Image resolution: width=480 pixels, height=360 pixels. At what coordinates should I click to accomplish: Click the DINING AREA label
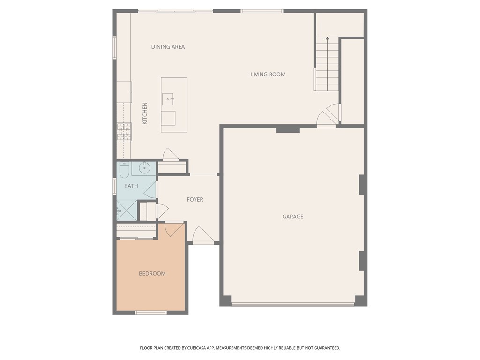(x=168, y=47)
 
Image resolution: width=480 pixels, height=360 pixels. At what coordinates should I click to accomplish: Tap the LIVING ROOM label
(x=268, y=75)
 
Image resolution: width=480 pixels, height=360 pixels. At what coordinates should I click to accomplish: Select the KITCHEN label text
(x=145, y=113)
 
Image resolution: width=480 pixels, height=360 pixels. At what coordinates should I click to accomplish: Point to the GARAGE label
(x=293, y=217)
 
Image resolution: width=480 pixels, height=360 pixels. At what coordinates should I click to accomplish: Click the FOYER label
(x=195, y=200)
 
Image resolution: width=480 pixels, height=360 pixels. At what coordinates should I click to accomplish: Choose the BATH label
(x=131, y=186)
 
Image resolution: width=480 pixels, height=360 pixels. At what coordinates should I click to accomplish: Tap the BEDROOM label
(x=152, y=274)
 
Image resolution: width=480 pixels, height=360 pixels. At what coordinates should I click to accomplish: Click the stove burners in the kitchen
(x=124, y=132)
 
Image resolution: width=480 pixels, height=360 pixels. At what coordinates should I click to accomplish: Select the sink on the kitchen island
(x=168, y=99)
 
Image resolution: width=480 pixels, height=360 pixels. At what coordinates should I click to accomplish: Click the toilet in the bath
(x=124, y=170)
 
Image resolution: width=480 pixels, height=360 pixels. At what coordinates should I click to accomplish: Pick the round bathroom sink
(x=145, y=167)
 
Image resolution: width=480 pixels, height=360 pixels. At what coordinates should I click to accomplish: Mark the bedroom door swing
(x=174, y=229)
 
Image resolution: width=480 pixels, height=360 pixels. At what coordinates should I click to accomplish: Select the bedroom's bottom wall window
(x=150, y=313)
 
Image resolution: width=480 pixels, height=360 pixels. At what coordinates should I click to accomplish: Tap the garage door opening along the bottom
(x=293, y=305)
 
